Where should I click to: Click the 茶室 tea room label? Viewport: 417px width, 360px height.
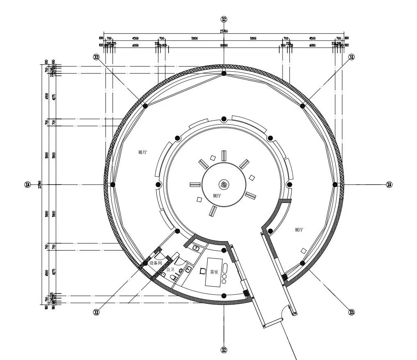(x=214, y=272)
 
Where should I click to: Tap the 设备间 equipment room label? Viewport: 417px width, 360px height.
(x=156, y=263)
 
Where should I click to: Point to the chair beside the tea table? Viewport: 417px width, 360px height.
(x=203, y=271)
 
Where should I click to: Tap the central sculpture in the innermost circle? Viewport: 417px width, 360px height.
(x=224, y=184)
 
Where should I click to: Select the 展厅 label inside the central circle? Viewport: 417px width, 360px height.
(x=217, y=196)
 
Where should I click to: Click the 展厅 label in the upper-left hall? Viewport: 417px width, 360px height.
(x=142, y=152)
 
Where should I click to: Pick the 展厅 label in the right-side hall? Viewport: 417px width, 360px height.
(x=299, y=230)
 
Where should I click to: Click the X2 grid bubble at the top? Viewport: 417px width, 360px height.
(x=224, y=19)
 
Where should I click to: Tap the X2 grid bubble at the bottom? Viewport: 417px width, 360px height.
(x=224, y=350)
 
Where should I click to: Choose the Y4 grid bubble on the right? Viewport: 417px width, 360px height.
(x=390, y=185)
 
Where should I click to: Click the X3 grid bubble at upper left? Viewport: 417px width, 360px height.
(x=97, y=57)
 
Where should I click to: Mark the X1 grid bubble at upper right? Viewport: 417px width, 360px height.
(x=351, y=57)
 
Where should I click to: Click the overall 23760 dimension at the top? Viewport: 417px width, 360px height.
(x=223, y=31)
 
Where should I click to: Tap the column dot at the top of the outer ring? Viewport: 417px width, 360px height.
(x=224, y=73)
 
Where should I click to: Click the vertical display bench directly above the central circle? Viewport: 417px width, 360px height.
(x=224, y=156)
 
